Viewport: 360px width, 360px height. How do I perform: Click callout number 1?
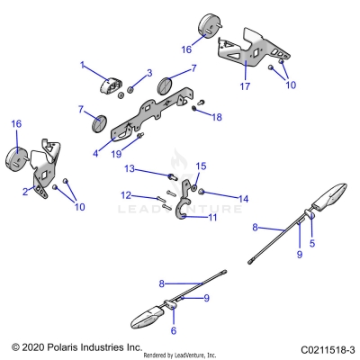click(x=82, y=66)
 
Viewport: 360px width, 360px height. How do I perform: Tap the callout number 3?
click(x=149, y=73)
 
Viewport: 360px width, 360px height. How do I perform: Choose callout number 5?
click(x=312, y=243)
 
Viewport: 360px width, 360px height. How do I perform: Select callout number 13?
click(x=129, y=168)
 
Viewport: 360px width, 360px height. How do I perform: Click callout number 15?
click(x=201, y=166)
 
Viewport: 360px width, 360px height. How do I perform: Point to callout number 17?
click(x=243, y=88)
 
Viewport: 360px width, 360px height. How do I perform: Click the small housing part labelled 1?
click(x=110, y=85)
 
